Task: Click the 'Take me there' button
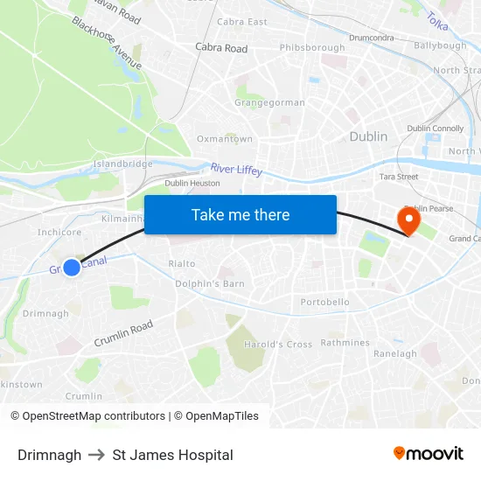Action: (x=240, y=215)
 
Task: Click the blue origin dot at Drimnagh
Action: (x=72, y=268)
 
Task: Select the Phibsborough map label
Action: (x=312, y=47)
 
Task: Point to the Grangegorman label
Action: (x=269, y=102)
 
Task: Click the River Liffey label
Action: (x=236, y=169)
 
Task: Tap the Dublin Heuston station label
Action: (x=192, y=183)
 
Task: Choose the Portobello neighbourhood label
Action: (x=324, y=303)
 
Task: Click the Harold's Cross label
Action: (x=278, y=345)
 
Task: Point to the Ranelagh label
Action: (x=395, y=354)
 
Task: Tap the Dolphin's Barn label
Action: (x=210, y=283)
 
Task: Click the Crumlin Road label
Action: (x=123, y=332)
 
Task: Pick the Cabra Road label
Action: (x=221, y=48)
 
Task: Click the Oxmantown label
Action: (x=225, y=139)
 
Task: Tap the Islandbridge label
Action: (x=122, y=164)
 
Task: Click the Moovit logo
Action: (x=428, y=454)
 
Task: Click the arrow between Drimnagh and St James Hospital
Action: (x=97, y=455)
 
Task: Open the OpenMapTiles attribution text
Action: (x=217, y=416)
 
